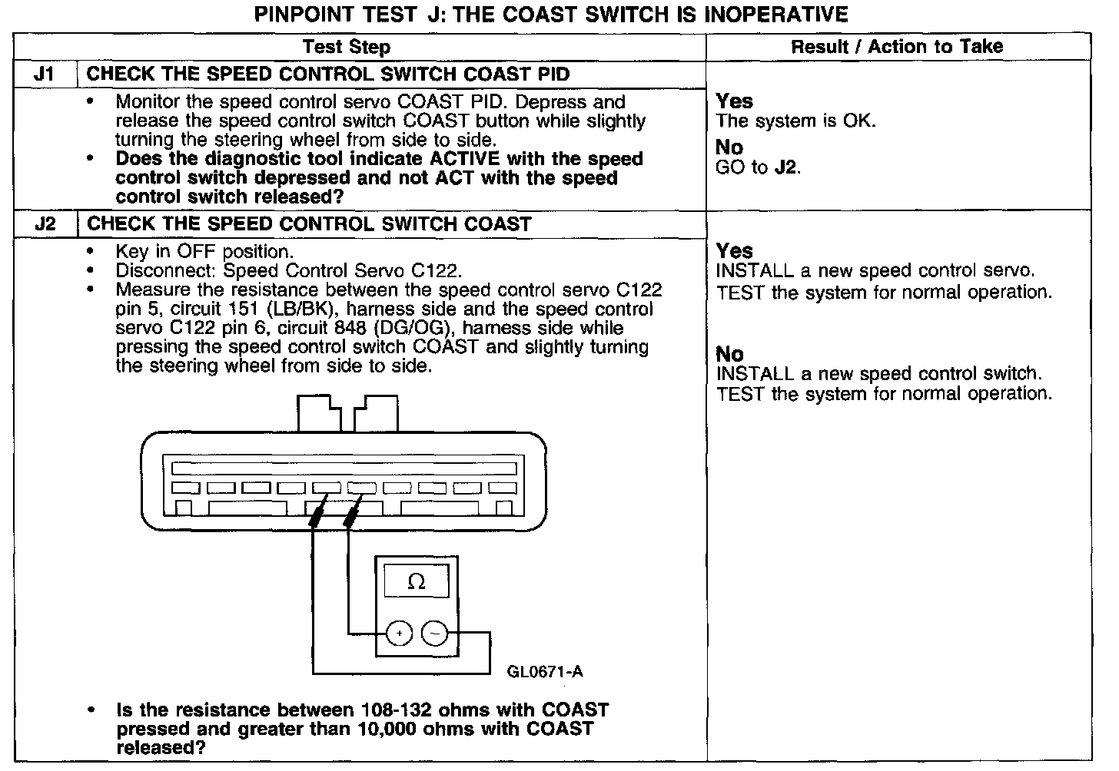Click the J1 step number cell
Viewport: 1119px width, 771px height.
point(45,74)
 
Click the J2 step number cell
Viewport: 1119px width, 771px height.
point(45,224)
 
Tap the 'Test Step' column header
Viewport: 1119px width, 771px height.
point(347,47)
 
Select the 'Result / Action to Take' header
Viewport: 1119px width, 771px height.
point(897,47)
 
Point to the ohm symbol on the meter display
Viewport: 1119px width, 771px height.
point(416,582)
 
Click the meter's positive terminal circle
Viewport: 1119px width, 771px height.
point(399,634)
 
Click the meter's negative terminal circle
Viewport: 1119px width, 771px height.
point(435,634)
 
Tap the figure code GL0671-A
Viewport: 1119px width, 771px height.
point(545,672)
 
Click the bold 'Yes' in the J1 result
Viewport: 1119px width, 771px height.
point(734,101)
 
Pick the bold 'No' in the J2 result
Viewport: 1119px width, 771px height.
point(729,354)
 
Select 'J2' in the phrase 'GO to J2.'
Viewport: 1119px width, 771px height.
point(786,167)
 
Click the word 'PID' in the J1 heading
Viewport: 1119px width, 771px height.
point(552,74)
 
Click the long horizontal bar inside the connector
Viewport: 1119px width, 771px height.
point(344,468)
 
